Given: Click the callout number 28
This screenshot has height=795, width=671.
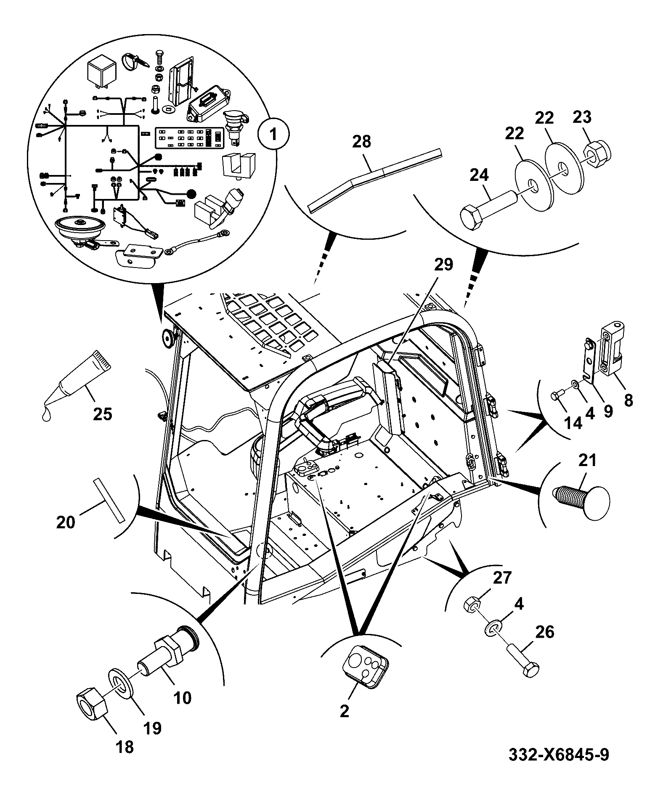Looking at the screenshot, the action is [361, 141].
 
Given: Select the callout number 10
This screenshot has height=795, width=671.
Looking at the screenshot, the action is [182, 697].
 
